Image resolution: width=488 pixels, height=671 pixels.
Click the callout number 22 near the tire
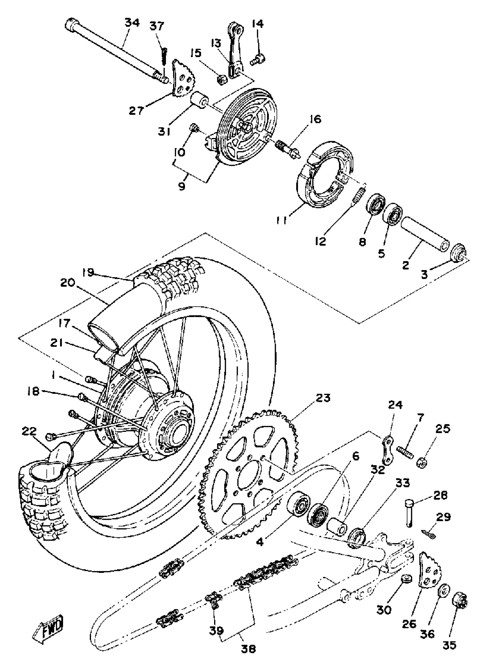pos(29,431)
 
